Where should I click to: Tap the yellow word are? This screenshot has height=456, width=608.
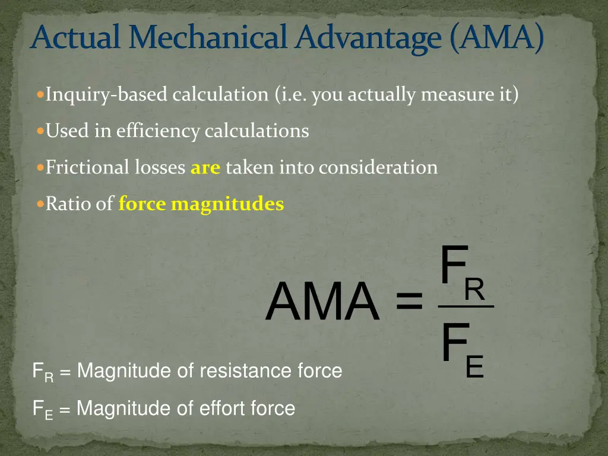pos(205,168)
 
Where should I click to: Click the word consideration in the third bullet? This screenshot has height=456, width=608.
pos(378,167)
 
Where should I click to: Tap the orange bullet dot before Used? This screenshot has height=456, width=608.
pos(40,131)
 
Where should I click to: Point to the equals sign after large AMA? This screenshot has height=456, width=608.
pos(408,300)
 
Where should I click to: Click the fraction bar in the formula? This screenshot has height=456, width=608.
pos(465,306)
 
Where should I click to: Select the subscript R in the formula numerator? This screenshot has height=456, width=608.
pos(474,290)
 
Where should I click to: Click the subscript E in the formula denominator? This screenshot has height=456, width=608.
pos(475,367)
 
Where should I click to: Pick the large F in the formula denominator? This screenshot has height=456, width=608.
pos(452,343)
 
